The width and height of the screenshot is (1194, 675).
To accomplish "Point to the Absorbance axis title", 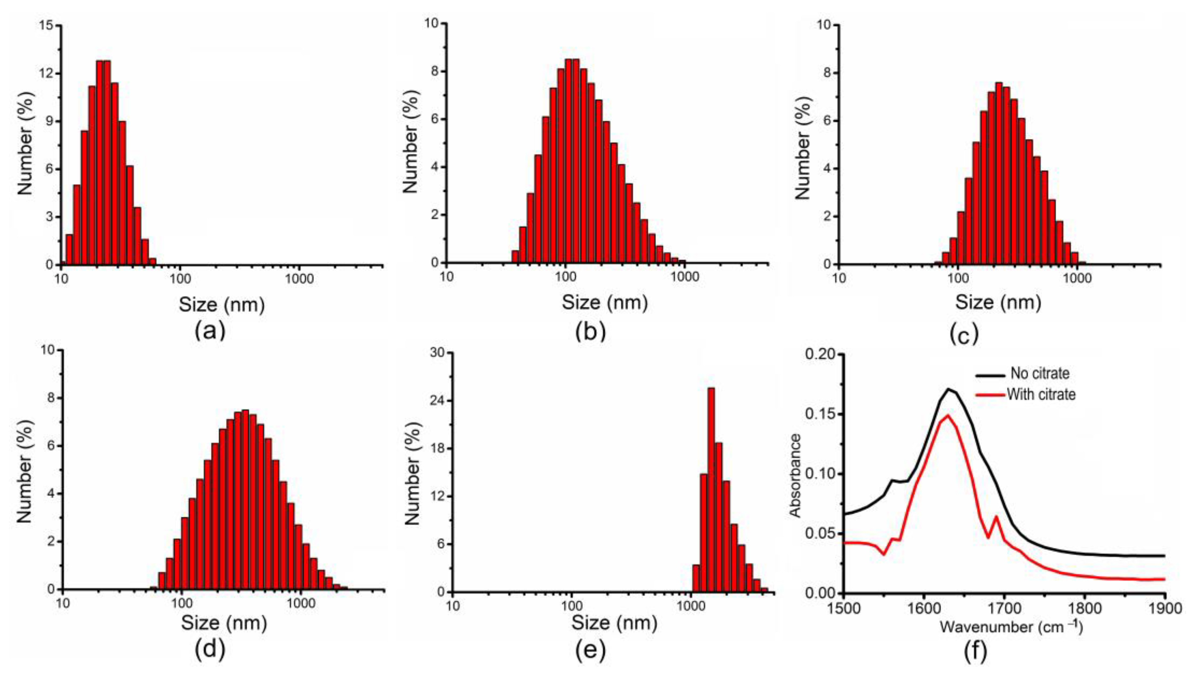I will coord(796,475).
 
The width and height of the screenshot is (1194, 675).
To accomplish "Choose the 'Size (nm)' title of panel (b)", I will coord(605,302).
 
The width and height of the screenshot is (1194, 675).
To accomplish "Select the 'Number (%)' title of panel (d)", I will coord(25,471).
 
